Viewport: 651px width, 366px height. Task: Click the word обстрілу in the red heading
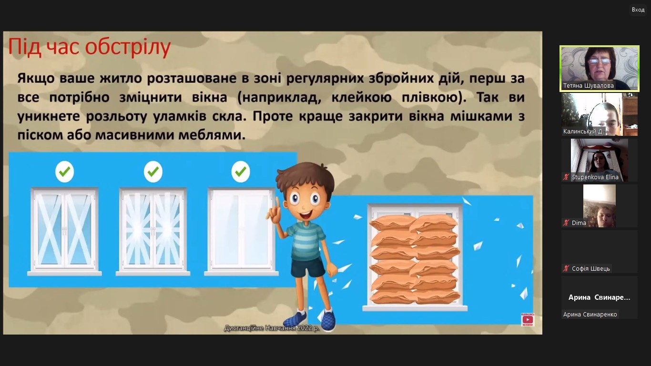pyautogui.click(x=128, y=47)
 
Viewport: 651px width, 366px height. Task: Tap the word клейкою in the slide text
pyautogui.click(x=362, y=97)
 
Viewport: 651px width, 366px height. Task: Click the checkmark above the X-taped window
pyautogui.click(x=64, y=172)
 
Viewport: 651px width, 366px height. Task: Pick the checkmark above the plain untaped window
pyautogui.click(x=240, y=172)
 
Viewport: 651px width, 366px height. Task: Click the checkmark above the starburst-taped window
pyautogui.click(x=153, y=172)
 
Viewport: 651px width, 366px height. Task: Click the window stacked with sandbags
pyautogui.click(x=415, y=258)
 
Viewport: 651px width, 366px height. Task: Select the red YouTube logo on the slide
pyautogui.click(x=528, y=320)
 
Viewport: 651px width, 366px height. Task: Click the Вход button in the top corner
pyautogui.click(x=638, y=10)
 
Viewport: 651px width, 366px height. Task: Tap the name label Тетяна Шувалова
pyautogui.click(x=588, y=86)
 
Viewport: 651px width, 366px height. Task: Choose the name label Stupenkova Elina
pyautogui.click(x=595, y=177)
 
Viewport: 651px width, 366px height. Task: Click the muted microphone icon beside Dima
pyautogui.click(x=566, y=223)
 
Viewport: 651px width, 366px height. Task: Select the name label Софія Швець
pyautogui.click(x=590, y=269)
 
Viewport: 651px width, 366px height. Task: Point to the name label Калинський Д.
pyautogui.click(x=583, y=132)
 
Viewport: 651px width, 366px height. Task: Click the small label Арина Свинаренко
pyautogui.click(x=590, y=314)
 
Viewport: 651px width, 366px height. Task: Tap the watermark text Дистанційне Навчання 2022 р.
pyautogui.click(x=272, y=328)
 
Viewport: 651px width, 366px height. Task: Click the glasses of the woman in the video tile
pyautogui.click(x=600, y=61)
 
